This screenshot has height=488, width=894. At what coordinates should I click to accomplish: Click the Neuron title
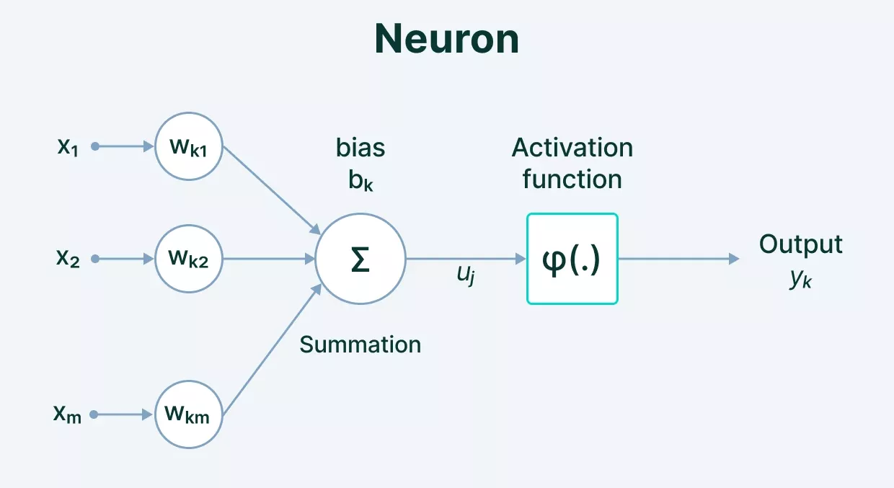tap(447, 40)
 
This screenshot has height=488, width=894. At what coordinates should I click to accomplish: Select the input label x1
tap(68, 146)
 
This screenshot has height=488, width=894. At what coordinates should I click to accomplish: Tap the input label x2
tap(68, 259)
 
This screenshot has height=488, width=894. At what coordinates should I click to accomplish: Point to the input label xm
tap(67, 414)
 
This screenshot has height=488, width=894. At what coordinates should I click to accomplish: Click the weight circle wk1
tap(189, 146)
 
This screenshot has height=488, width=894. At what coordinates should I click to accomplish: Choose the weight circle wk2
tap(189, 259)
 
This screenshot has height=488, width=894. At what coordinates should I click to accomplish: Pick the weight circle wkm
tap(189, 414)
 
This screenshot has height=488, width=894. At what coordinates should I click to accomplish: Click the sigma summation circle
tap(360, 259)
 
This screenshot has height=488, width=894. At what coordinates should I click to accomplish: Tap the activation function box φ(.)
tap(572, 259)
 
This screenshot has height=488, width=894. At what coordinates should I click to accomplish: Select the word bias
tap(360, 148)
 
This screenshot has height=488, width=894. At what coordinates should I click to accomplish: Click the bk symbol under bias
tap(360, 179)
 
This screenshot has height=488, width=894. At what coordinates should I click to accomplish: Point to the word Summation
tap(360, 345)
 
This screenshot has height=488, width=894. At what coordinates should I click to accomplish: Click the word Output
tap(800, 244)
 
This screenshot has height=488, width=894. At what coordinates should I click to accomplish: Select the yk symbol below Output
tap(800, 278)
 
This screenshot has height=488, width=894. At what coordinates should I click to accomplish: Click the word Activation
tap(572, 148)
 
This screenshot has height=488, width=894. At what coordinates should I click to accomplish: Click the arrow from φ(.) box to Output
tap(678, 259)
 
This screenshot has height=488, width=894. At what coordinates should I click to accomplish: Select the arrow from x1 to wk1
tap(124, 146)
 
